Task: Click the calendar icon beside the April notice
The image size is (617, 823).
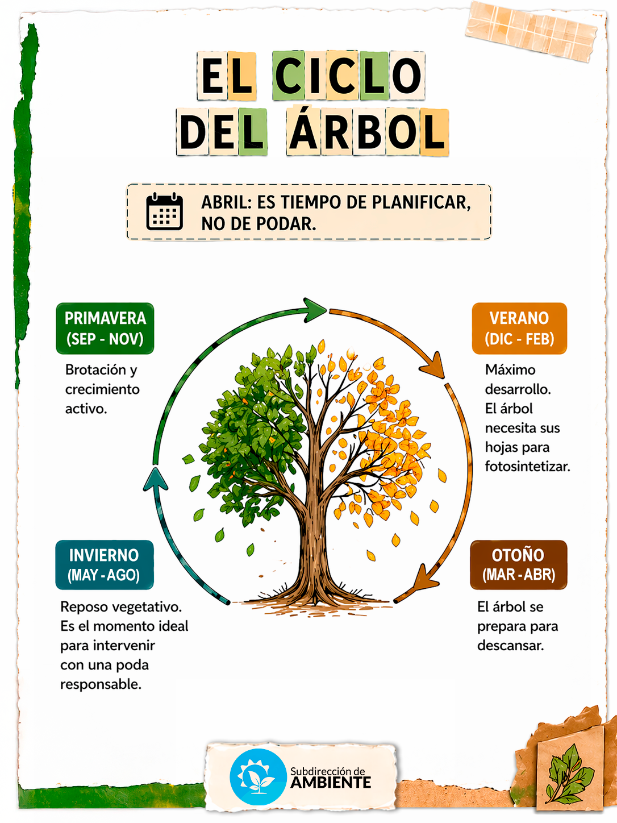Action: coord(165,211)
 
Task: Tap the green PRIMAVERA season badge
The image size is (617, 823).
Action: coord(105,329)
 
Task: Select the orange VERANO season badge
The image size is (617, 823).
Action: coord(519,329)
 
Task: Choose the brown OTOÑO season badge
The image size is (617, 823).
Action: coord(518,565)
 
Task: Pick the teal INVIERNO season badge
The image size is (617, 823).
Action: coord(105,565)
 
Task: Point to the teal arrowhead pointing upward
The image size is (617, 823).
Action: coord(155,479)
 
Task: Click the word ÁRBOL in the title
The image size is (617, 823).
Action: coord(368,132)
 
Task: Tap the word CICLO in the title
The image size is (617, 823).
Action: coord(349,76)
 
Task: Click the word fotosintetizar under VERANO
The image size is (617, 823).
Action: coord(527,467)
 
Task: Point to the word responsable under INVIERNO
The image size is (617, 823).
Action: coord(101,684)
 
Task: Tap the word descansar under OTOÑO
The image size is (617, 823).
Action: coord(510,646)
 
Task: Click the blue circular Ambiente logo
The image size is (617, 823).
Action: coord(258,776)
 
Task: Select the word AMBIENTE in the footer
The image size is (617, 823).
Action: coord(331,783)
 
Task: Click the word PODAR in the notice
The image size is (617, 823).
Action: coord(287,224)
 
